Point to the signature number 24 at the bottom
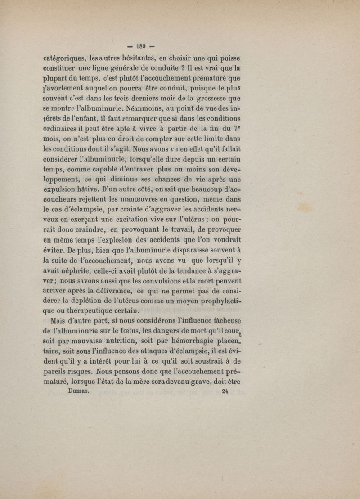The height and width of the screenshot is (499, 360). tap(225, 391)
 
